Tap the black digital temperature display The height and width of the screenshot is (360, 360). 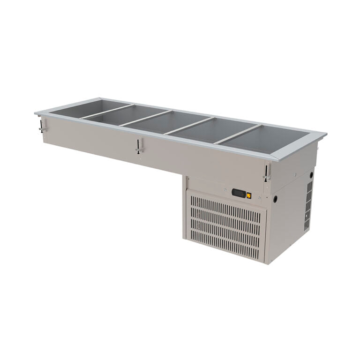239,193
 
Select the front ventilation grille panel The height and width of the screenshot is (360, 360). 227,226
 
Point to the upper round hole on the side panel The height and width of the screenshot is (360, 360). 311,175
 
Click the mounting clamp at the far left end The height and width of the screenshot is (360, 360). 41,126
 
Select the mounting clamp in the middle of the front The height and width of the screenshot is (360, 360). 138,147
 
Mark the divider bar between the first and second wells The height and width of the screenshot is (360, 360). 106,112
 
